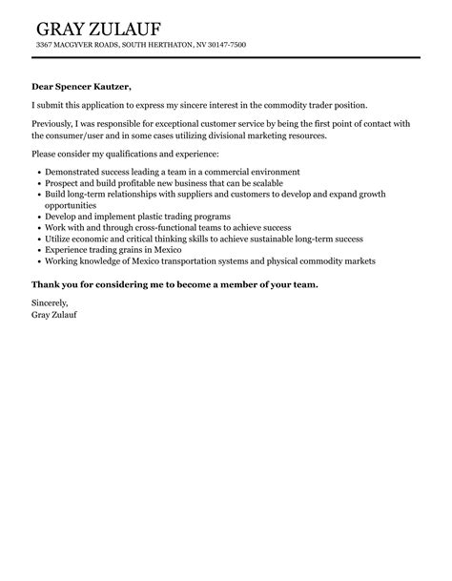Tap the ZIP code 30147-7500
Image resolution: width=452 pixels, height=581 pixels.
[225, 45]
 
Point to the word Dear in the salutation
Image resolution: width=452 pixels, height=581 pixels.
[44, 86]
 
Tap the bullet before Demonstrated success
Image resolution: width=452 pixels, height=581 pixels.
[37, 173]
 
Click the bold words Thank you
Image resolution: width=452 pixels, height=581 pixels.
[55, 285]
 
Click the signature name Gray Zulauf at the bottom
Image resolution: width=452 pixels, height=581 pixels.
[54, 316]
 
